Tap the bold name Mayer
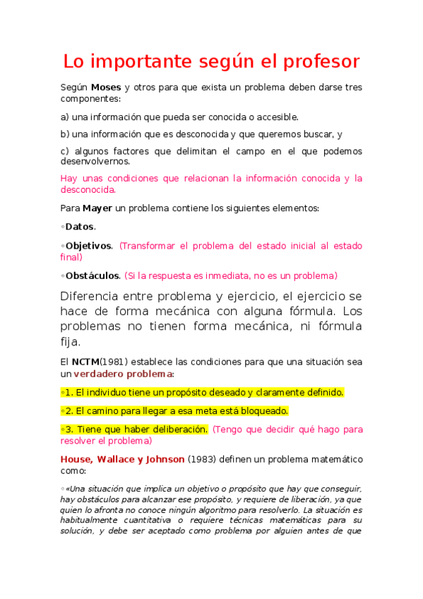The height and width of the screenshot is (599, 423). point(97,208)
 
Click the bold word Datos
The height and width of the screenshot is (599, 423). point(79,227)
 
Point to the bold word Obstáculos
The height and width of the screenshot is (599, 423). point(93,275)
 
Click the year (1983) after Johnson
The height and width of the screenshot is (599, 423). point(203,458)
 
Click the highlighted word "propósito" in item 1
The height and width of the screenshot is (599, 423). point(177,392)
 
